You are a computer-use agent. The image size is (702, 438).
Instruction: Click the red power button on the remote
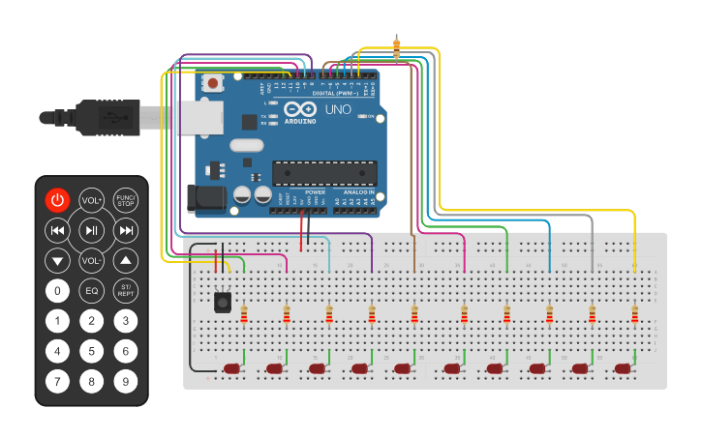[58, 200]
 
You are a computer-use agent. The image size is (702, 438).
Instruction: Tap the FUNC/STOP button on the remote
[125, 200]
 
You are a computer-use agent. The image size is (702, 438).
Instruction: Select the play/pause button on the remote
[91, 230]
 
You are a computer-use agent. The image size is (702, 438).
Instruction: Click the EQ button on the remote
[91, 290]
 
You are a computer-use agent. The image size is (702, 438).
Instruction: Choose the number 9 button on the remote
[125, 381]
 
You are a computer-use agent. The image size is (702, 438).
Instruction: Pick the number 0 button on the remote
[58, 290]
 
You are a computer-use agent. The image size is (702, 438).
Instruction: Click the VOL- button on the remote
[91, 260]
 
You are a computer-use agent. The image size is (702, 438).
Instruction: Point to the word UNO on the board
[338, 110]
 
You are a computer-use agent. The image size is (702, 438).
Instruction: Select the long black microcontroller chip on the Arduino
[322, 172]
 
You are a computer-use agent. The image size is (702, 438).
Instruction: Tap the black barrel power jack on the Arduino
[205, 199]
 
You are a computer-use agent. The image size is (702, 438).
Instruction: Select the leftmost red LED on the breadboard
[231, 368]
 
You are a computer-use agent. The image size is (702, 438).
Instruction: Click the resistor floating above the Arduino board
[396, 45]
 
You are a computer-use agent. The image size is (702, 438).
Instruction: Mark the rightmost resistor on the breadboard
[635, 314]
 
